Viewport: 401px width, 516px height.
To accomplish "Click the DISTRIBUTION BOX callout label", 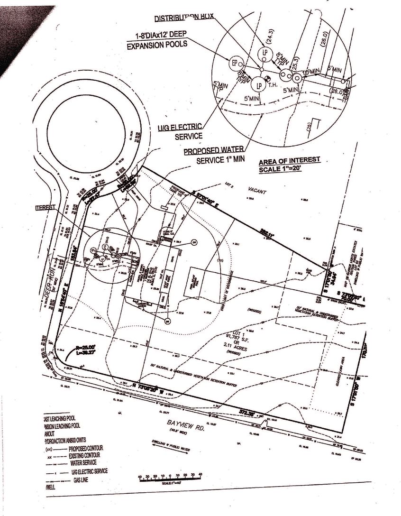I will [184, 18].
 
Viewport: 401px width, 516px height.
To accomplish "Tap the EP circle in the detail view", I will [234, 63].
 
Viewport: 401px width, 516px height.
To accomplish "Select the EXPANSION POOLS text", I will [157, 45].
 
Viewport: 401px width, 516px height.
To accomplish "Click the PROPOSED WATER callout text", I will [208, 152].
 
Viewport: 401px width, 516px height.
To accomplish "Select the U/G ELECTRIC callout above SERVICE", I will [181, 128].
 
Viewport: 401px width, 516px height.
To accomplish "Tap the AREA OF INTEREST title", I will [289, 160].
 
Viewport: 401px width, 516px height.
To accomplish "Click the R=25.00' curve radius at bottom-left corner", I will [83, 347].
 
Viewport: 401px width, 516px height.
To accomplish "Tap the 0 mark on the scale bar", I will [170, 475].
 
